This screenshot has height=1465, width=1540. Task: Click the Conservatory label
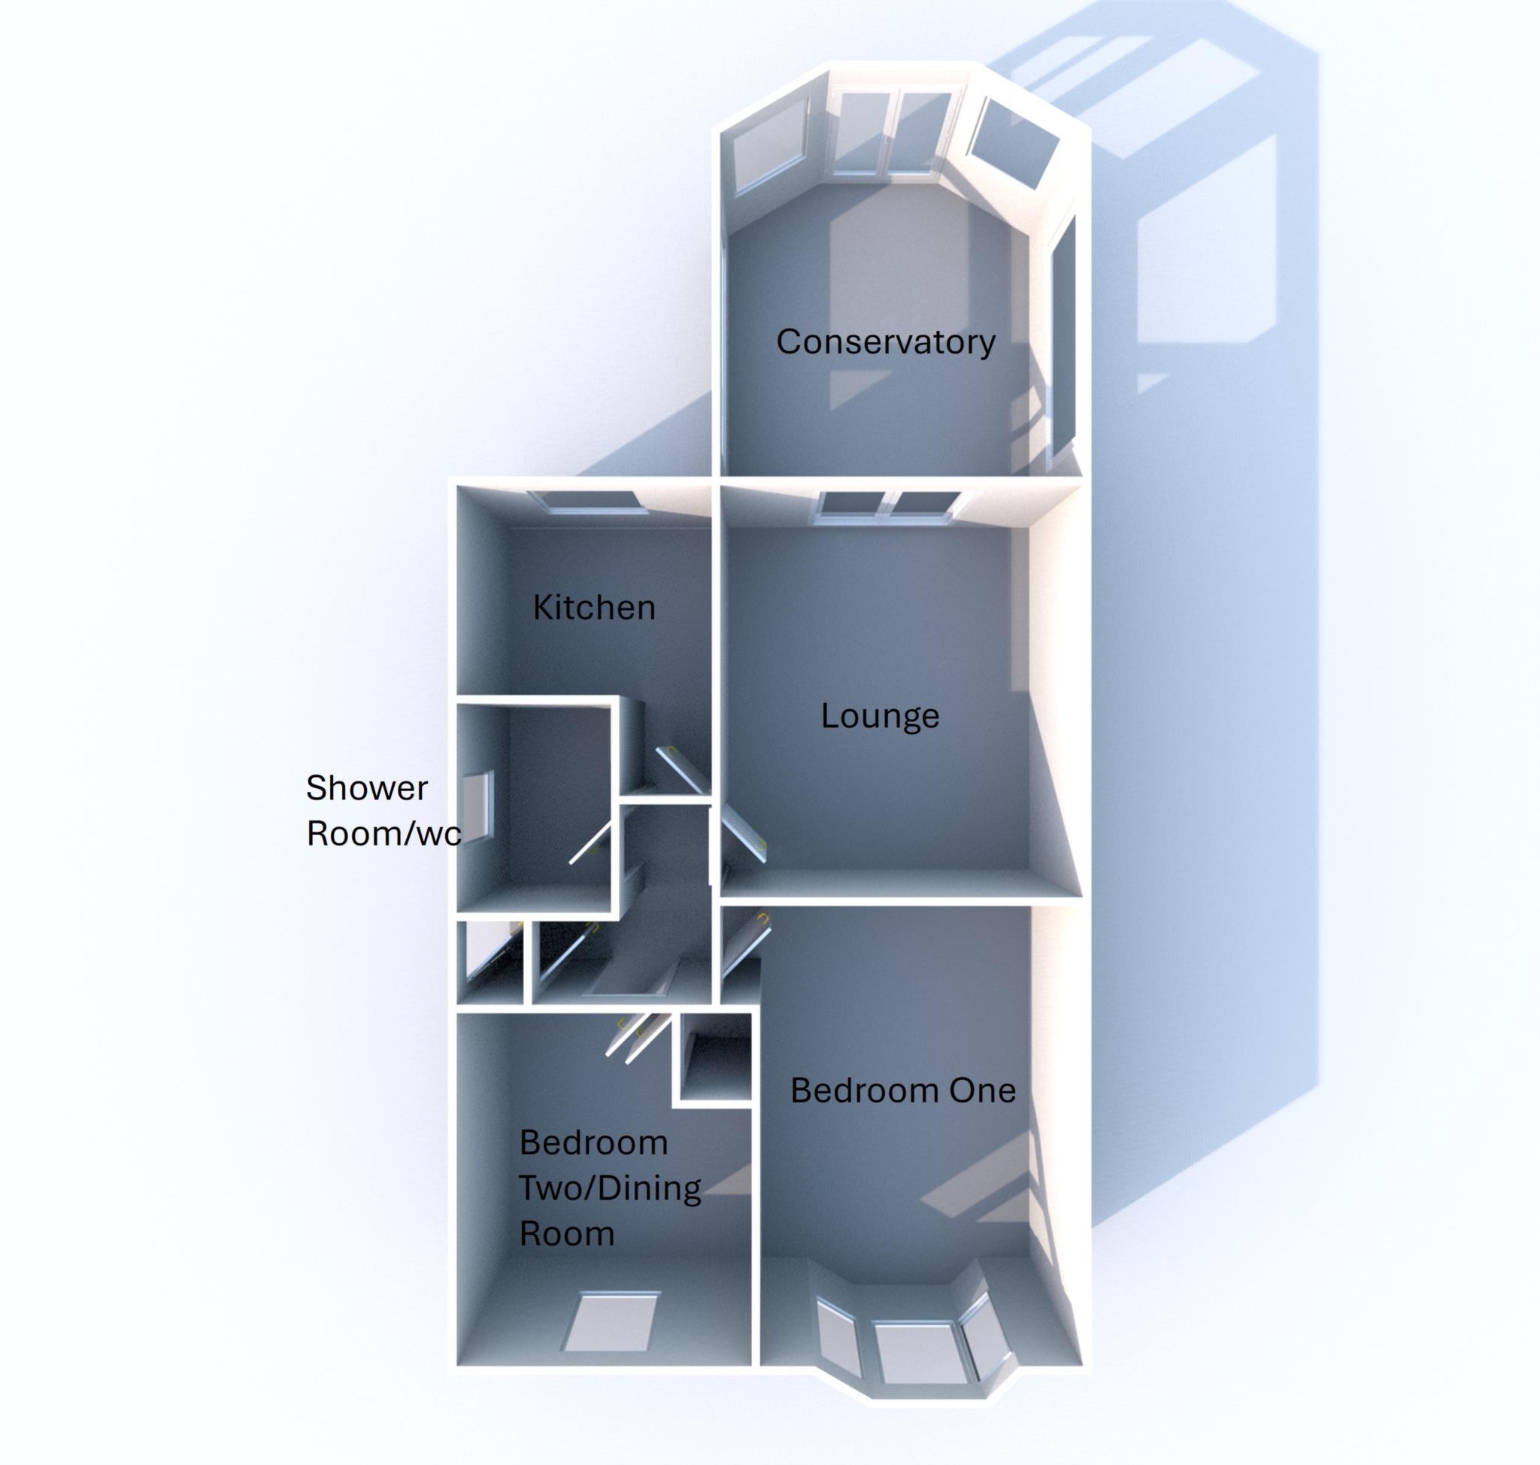coord(886,342)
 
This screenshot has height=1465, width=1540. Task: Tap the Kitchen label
coord(593,608)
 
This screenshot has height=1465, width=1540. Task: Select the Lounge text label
coord(879,716)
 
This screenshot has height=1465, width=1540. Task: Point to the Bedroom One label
coord(903,1090)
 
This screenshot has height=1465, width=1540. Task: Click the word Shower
coord(366,788)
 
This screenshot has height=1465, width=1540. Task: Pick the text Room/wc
coord(383,834)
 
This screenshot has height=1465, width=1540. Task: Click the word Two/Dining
coord(610,1188)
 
